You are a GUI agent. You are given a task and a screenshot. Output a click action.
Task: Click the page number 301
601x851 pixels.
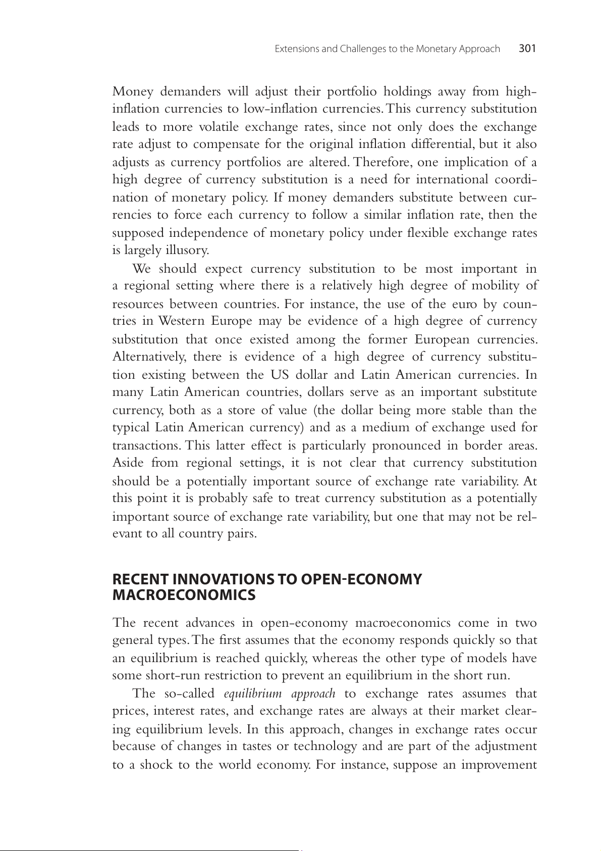[x=527, y=49]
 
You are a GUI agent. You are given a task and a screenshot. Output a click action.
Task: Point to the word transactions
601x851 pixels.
[x=146, y=445]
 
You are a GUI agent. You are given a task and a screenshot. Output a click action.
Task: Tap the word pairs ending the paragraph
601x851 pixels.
[x=242, y=534]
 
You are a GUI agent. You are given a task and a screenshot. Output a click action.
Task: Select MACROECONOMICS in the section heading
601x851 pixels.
[x=184, y=595]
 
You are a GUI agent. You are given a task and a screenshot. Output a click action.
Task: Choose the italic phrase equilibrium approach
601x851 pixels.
[x=279, y=693]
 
